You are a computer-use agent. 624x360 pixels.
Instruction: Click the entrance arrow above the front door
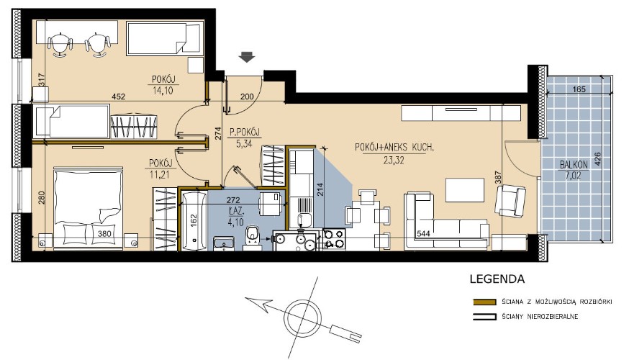point(247,58)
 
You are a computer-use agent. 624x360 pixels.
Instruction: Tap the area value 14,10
point(163,91)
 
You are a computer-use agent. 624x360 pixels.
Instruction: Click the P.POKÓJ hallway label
point(245,132)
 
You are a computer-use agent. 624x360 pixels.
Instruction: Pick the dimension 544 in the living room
point(423,234)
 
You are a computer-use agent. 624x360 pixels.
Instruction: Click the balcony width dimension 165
point(579,89)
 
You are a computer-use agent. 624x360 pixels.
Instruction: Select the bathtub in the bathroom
point(194,220)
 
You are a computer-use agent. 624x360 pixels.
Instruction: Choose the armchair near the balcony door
point(510,201)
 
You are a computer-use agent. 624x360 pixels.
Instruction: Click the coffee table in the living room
point(465,190)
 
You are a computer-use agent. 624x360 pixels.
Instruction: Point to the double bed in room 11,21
point(88,209)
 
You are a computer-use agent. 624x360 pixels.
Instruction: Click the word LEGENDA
point(497,279)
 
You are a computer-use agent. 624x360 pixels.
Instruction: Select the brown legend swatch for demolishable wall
point(484,302)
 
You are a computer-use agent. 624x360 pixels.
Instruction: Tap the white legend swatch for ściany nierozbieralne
point(484,318)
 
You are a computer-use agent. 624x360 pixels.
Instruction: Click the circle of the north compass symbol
point(302,317)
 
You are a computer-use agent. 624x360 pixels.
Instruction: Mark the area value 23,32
point(394,161)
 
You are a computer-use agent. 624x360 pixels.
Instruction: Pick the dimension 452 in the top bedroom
point(119,96)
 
